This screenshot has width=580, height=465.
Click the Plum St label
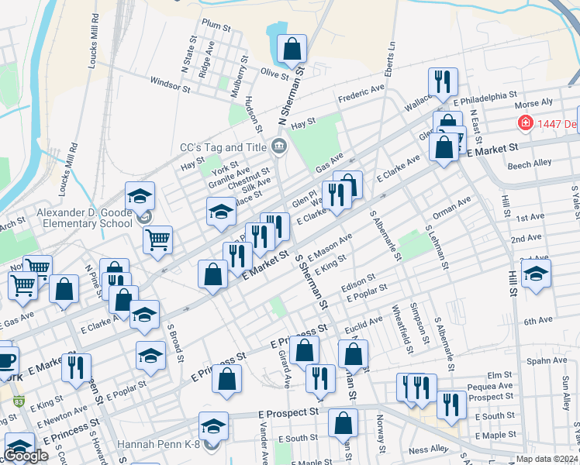point(216,24)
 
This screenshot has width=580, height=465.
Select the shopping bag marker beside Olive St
point(292,49)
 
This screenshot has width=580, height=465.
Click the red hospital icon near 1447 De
point(525,123)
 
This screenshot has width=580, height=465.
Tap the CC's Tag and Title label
point(223,146)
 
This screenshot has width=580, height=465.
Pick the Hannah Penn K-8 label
point(160,445)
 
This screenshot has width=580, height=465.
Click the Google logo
point(26,456)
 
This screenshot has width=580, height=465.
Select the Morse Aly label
point(533,103)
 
